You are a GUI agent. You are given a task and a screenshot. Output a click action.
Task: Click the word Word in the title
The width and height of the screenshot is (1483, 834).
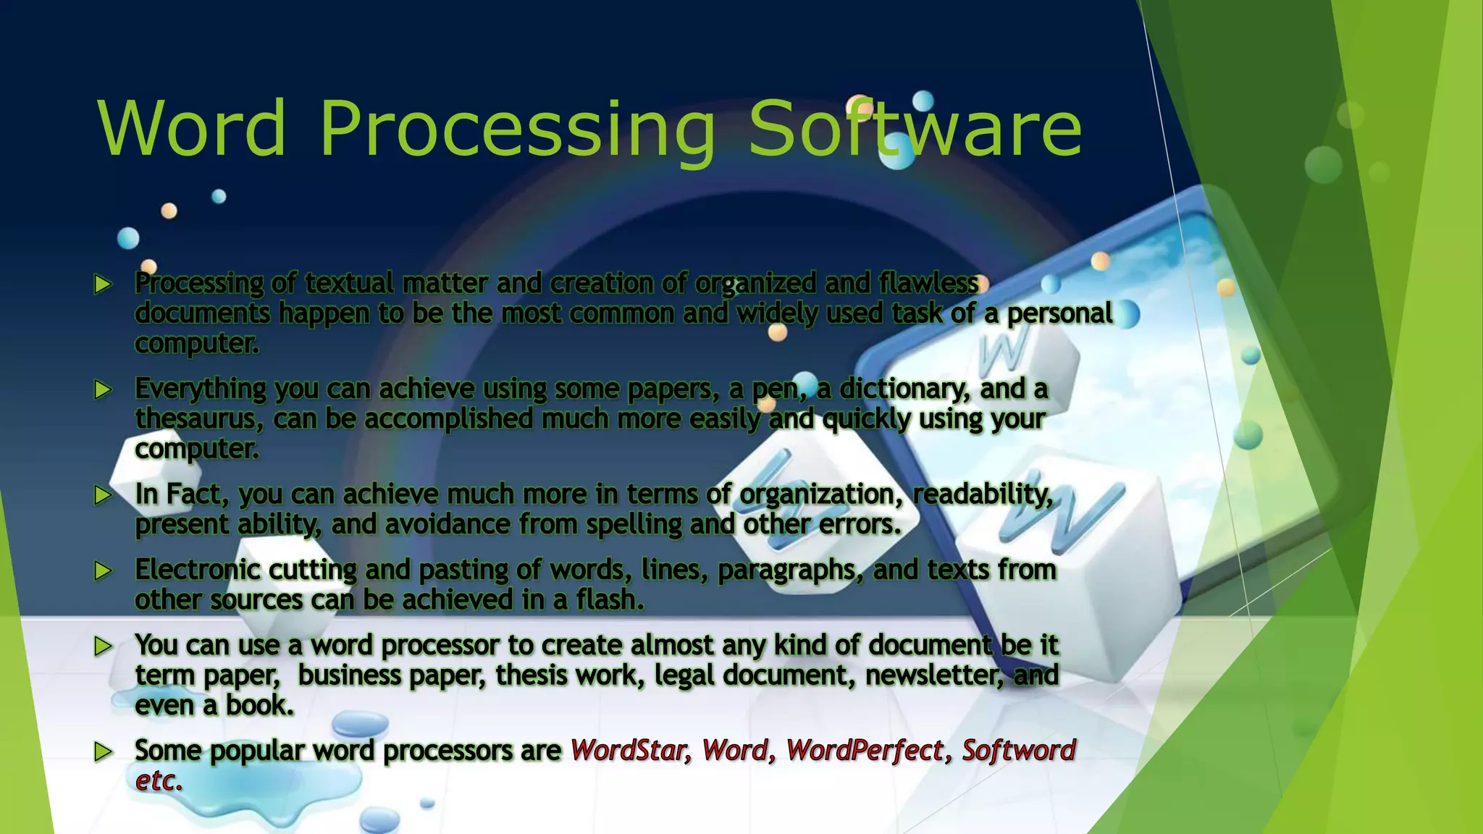pos(193,128)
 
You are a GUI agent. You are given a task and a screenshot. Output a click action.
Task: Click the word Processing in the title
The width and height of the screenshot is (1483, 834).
pos(517,128)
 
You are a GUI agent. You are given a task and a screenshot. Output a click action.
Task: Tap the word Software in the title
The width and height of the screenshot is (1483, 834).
pos(914,128)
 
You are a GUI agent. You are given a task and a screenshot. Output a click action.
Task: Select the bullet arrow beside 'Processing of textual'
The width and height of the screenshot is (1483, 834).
pos(104,285)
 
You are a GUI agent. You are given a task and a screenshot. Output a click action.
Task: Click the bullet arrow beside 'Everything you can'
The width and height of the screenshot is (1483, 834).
pos(104,390)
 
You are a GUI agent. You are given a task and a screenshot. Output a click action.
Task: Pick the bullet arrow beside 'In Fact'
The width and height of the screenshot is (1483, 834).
pos(104,495)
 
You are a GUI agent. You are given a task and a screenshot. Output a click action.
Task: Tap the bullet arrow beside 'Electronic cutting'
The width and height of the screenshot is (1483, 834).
pos(104,571)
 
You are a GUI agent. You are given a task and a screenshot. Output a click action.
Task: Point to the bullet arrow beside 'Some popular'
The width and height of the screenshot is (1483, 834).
pos(104,751)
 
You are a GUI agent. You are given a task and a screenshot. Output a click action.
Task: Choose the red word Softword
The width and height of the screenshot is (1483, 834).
pos(1018,751)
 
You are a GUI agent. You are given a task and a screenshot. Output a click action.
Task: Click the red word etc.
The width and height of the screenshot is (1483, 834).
pos(158,781)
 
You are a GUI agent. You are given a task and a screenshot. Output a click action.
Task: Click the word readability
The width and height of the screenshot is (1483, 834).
pos(983,494)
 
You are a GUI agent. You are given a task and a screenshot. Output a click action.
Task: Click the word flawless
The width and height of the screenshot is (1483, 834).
pos(928,283)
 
